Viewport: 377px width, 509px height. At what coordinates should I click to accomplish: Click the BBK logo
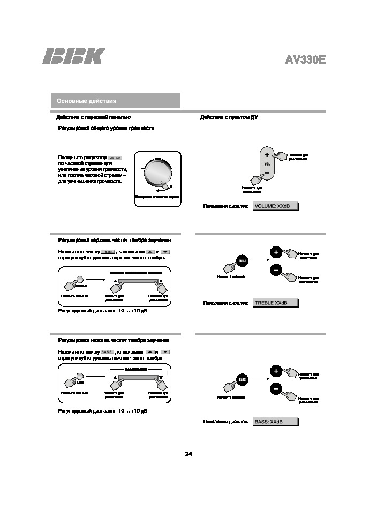pos(74,56)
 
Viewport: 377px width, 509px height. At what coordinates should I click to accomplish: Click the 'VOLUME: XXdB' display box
pos(275,206)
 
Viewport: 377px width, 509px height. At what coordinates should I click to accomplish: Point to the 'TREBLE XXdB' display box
pos(275,303)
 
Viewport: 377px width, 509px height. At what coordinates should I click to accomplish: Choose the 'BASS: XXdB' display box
pos(275,422)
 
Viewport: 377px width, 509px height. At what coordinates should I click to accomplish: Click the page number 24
pos(188,454)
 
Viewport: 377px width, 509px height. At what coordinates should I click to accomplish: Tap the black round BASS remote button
pos(242,379)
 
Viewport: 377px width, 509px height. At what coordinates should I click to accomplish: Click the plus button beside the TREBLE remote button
pos(275,252)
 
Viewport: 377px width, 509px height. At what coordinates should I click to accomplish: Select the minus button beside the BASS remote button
pos(275,388)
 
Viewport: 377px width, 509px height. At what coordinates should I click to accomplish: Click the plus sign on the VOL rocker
pos(267,155)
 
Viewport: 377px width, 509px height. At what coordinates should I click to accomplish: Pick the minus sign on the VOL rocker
pos(267,172)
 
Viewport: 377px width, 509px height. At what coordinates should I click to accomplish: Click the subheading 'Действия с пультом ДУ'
pos(229,117)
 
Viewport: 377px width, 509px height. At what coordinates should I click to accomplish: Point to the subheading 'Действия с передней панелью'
pos(93,117)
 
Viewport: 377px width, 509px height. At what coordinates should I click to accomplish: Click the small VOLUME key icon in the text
pos(115,158)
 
